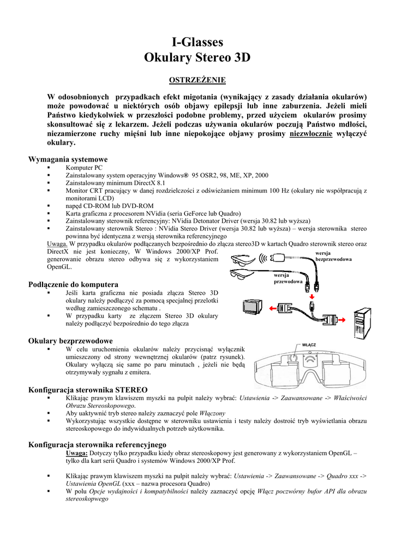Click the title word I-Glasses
point(197,43)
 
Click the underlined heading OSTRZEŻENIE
point(197,80)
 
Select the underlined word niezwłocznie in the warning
point(311,134)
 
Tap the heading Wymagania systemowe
point(68,159)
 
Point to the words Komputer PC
point(83,168)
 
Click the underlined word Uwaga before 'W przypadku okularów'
point(57,244)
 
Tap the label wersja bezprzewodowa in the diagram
point(333,255)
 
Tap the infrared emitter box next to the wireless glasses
point(278,258)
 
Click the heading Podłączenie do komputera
point(73,284)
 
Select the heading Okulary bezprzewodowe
point(70,341)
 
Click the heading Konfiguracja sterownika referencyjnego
point(97,445)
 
